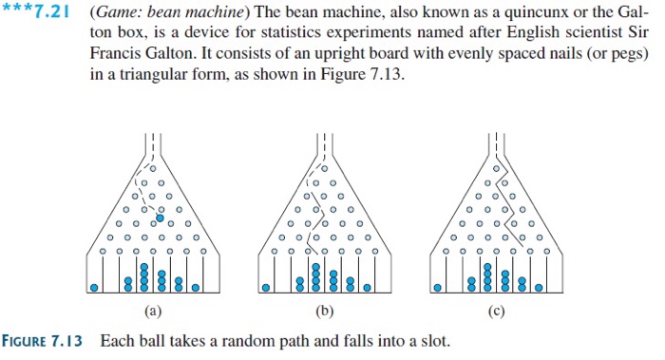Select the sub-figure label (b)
pyautogui.click(x=321, y=310)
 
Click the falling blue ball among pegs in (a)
pyautogui.click(x=160, y=218)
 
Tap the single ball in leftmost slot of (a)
pyautogui.click(x=96, y=286)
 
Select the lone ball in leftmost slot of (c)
pyautogui.click(x=438, y=286)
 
